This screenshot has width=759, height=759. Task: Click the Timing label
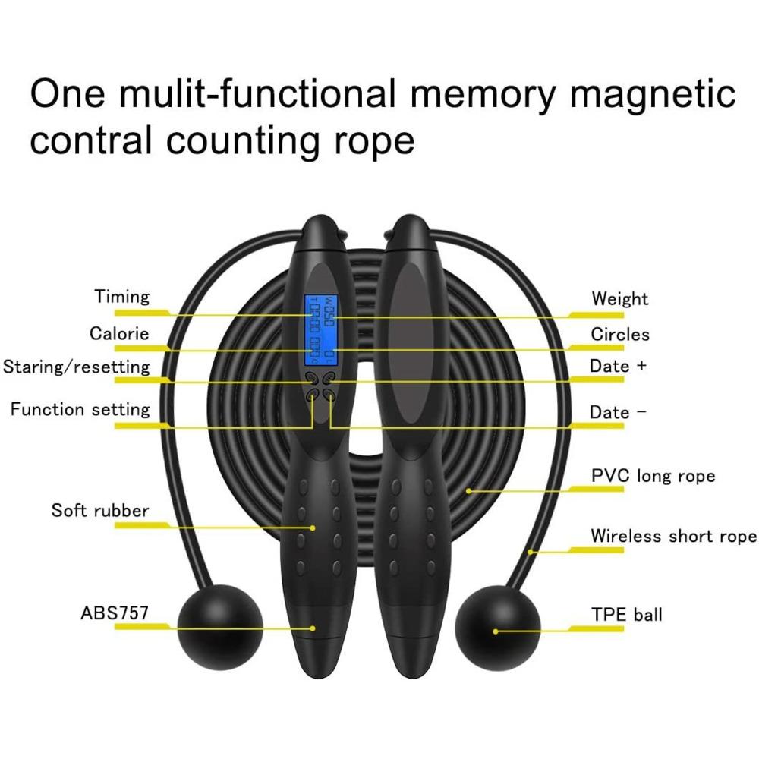121,297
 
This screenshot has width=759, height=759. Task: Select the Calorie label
119,333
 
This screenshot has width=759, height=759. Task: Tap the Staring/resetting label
77,367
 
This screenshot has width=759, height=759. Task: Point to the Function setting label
80,410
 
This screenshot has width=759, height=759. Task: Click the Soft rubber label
100,510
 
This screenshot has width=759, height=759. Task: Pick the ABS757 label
114,613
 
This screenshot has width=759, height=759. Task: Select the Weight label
620,298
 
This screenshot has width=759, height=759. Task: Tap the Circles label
620,334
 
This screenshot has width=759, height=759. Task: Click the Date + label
619,366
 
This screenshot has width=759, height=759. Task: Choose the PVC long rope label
653,477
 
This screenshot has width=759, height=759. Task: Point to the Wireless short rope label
673,537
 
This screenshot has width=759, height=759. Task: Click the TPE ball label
626,613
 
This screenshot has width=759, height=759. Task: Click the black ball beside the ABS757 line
220,625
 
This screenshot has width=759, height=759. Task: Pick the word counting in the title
249,141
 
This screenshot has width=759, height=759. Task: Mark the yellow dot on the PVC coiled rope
469,490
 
